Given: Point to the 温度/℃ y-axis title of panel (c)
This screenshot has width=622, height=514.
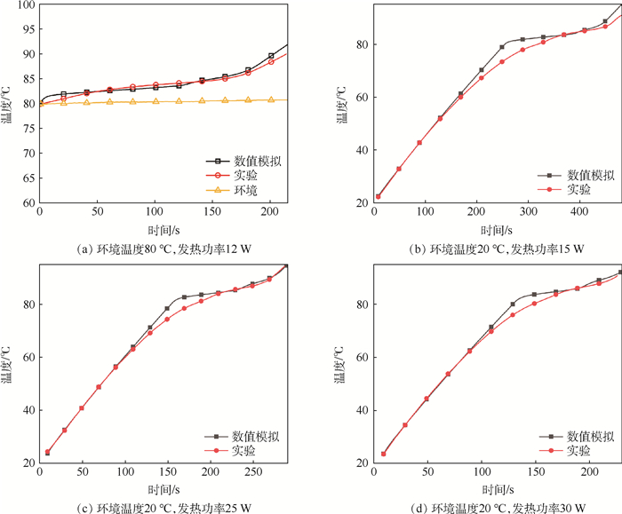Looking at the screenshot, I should [8, 364].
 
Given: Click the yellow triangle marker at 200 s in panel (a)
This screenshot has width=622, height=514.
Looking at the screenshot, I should [271, 99].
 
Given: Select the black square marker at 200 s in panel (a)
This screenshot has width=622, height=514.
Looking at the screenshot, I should [271, 56].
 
